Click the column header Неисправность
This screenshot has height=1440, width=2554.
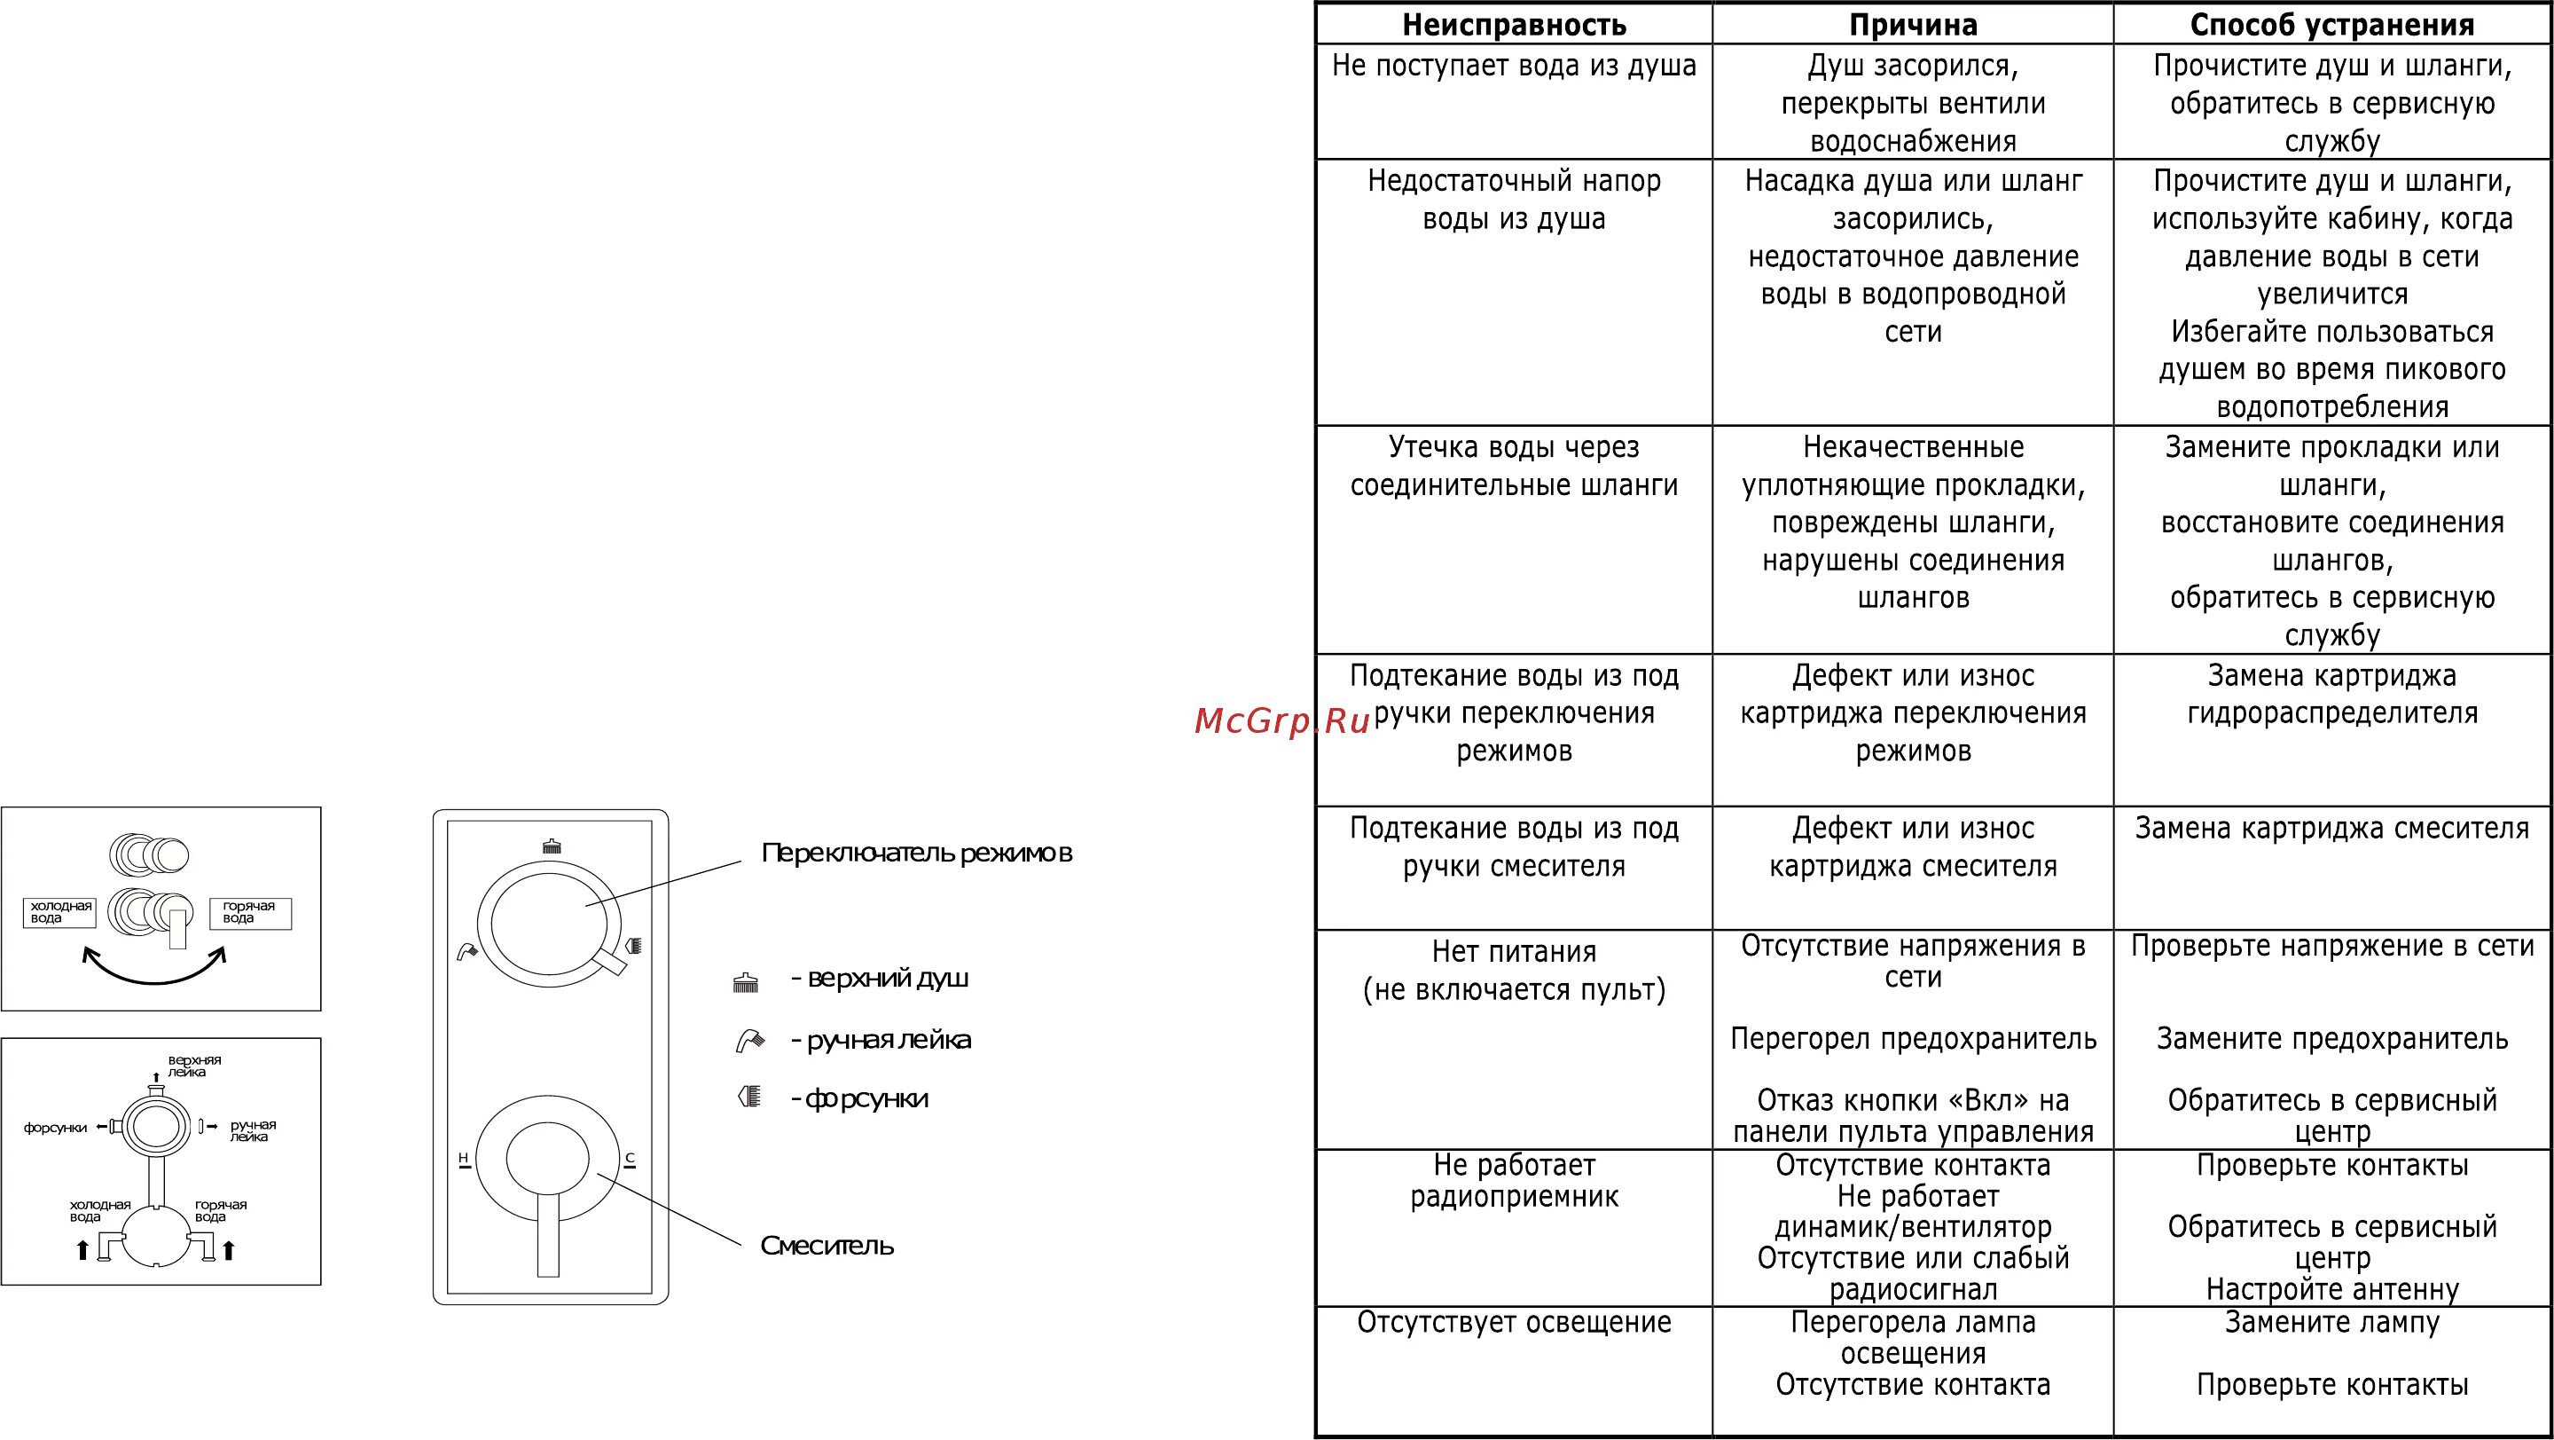[x=1514, y=25]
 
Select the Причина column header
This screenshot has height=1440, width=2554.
[x=1913, y=25]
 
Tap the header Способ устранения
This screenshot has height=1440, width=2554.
[x=2332, y=25]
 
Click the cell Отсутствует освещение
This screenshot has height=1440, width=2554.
[x=1514, y=1322]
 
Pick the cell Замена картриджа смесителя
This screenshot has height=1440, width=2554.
[x=2332, y=828]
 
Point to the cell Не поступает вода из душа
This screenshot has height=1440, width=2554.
[x=1514, y=67]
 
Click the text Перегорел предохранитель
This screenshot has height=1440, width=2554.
[x=1913, y=1038]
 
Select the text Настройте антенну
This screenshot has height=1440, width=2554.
[x=2332, y=1289]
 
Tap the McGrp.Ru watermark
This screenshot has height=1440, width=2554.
[x=1283, y=721]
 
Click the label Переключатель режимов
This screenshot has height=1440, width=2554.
[x=917, y=853]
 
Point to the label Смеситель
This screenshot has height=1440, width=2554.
[x=827, y=1246]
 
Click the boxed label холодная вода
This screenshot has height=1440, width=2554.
[x=60, y=911]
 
